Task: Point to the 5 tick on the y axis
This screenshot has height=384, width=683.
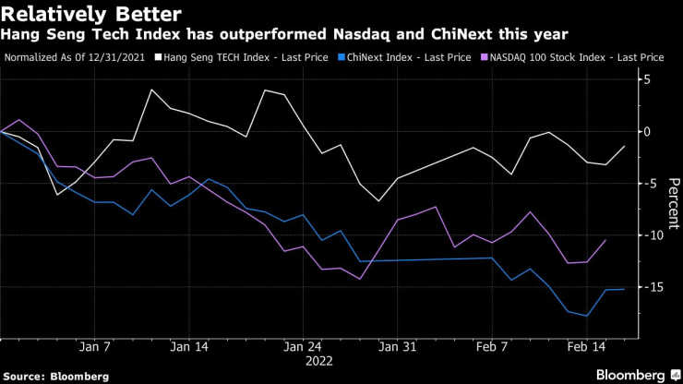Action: coord(648,80)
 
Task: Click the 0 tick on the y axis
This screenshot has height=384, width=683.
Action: coord(648,132)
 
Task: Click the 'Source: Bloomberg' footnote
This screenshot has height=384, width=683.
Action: coord(55,376)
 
